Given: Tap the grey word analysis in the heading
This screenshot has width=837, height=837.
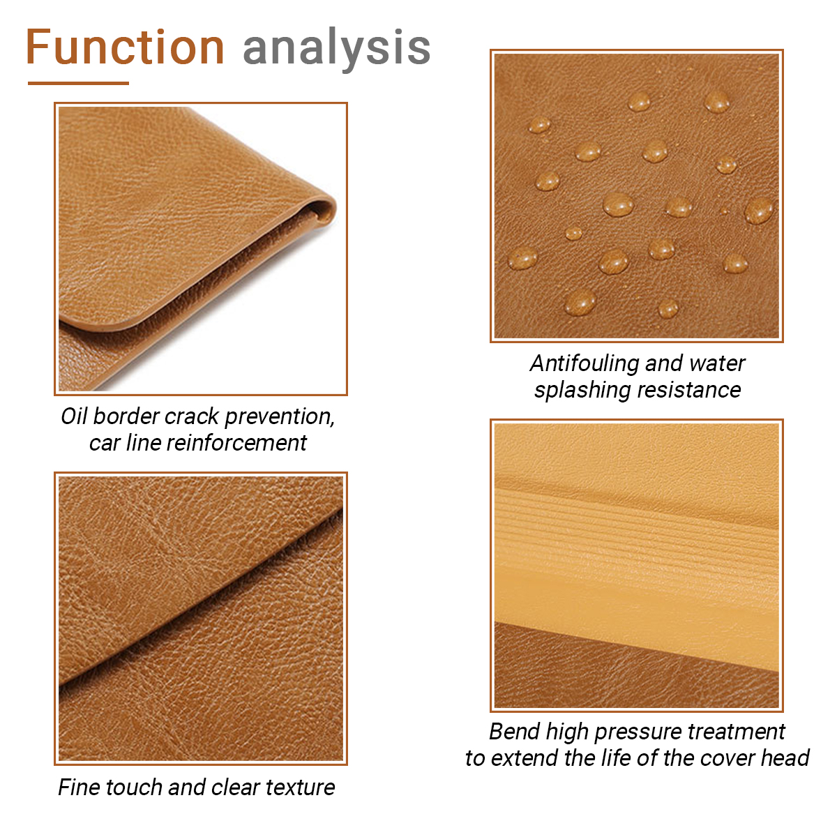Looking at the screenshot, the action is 337,49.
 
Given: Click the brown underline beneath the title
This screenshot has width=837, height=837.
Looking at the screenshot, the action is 78,83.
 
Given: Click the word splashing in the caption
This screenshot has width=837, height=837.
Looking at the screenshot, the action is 582,391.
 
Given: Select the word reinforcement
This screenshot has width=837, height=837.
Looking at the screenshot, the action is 236,443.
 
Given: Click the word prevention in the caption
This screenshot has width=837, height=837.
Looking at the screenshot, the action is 279,417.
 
